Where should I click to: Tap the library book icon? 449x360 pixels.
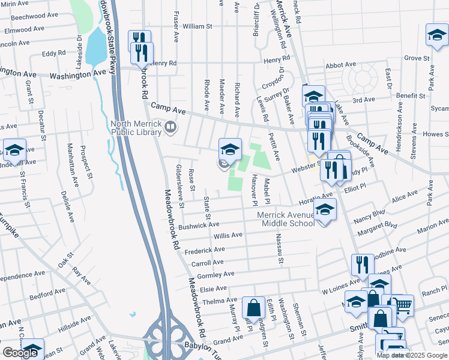click(171, 127)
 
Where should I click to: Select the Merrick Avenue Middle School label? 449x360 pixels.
click(285, 219)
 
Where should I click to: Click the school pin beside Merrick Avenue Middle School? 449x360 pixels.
click(325, 210)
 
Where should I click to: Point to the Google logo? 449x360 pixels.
click(20, 353)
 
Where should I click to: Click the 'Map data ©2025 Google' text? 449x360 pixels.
click(411, 355)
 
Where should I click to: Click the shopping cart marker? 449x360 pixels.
click(402, 306)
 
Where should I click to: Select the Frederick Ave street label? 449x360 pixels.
click(205, 250)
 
